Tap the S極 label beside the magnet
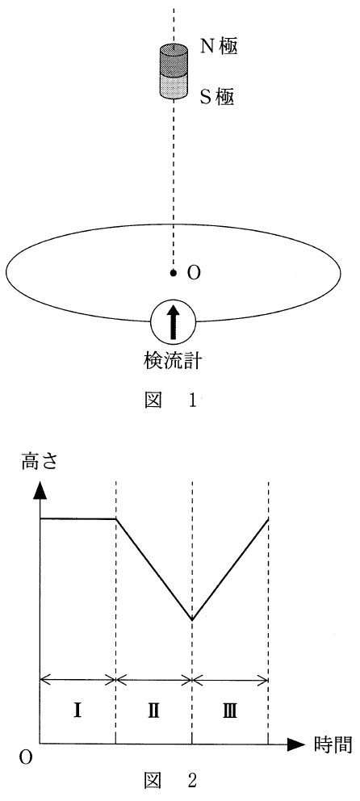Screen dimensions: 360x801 [216, 95]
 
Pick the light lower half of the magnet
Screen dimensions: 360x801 [173, 86]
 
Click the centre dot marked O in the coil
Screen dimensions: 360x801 [173, 273]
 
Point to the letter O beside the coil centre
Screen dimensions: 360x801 [194, 274]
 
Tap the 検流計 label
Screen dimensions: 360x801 [173, 363]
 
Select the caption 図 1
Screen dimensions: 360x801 [172, 400]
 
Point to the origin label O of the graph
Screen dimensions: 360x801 [26, 758]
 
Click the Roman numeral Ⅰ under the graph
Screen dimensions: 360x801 [77, 711]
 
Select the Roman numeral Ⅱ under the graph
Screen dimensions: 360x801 [153, 711]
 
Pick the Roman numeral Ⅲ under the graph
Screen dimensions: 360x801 [229, 711]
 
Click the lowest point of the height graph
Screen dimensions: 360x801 [192, 619]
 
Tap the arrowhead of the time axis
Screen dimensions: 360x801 [295, 744]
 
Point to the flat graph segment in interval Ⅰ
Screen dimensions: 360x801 [77, 518]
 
